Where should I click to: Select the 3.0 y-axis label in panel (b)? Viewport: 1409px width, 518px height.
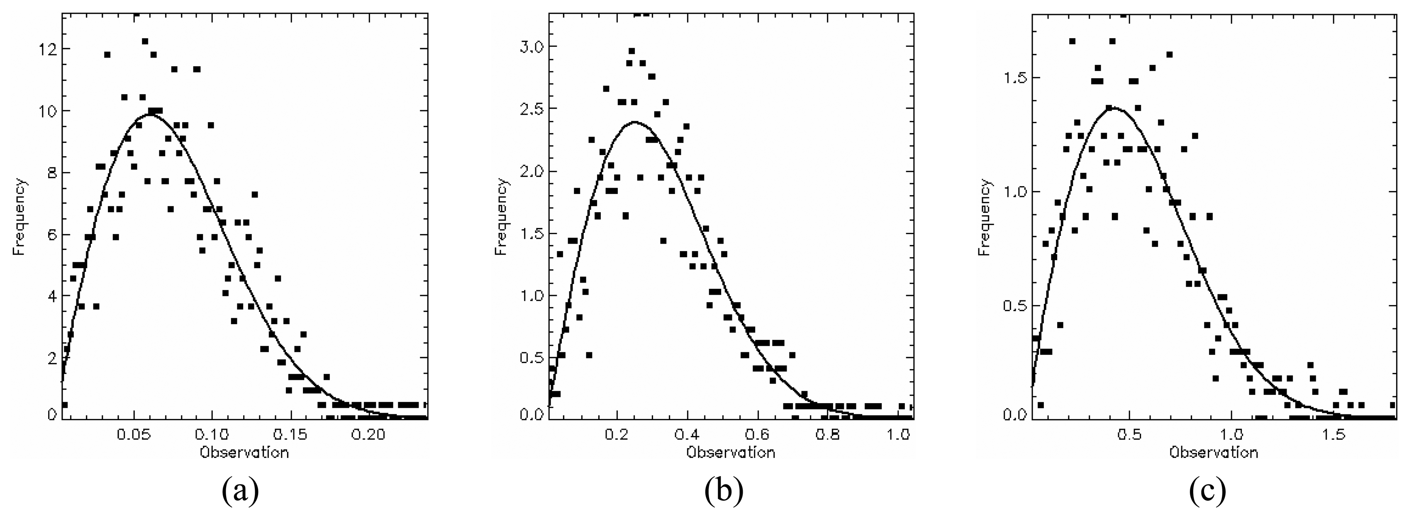[x=529, y=46]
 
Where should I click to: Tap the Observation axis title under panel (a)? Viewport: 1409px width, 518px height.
[x=244, y=453]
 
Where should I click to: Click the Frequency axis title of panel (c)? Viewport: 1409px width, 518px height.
[x=985, y=217]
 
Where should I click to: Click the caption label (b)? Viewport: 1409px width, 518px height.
[x=724, y=492]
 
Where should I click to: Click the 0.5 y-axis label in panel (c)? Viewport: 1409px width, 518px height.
[x=1012, y=305]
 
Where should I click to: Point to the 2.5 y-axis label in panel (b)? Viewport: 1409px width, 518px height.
[x=529, y=109]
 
